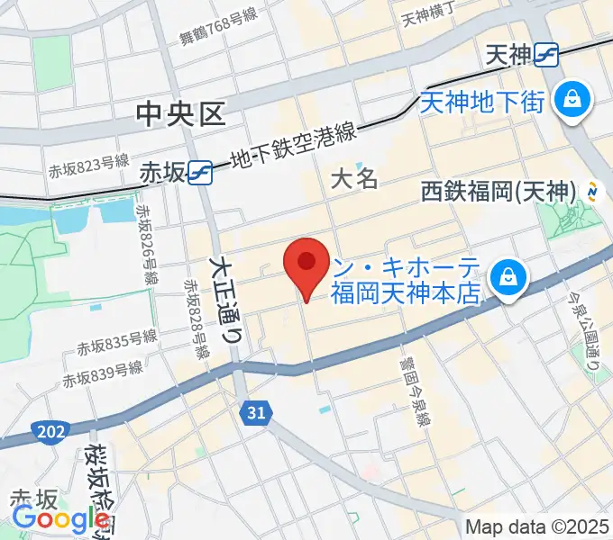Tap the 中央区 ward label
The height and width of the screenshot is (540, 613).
pos(179,113)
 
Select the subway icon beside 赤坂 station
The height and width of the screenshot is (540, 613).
pos(201,173)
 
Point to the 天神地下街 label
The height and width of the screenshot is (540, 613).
pos(483,101)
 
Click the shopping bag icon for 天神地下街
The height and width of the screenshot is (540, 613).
pos(572,98)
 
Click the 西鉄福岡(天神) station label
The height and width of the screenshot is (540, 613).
pos(498,191)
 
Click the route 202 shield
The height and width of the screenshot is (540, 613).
pos(50,433)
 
